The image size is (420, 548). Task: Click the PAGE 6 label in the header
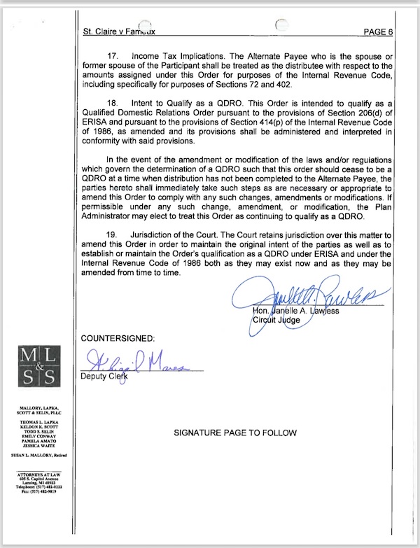tap(378, 31)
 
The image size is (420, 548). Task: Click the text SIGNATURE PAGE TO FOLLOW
tap(234, 433)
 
